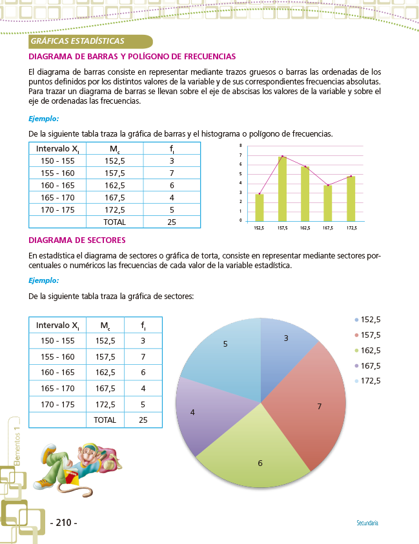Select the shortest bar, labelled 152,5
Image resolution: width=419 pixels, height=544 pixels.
click(x=260, y=207)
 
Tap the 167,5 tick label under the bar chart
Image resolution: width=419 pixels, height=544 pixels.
click(x=328, y=228)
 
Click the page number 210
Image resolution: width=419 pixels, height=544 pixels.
click(x=63, y=522)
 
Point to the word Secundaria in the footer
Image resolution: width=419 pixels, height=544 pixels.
click(x=367, y=523)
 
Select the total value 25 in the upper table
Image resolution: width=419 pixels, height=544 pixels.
click(x=172, y=222)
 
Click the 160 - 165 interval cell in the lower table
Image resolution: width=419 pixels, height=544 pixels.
click(x=57, y=373)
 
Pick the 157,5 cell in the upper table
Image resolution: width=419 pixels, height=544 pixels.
click(x=114, y=173)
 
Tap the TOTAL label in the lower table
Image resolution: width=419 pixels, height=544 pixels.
click(x=105, y=420)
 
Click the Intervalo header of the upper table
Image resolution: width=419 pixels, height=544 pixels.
click(x=57, y=149)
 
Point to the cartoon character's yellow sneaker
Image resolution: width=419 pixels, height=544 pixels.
click(x=46, y=483)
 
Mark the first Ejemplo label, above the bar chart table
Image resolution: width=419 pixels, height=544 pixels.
click(x=44, y=119)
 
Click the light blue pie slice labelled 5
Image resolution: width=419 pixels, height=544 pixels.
click(x=223, y=361)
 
